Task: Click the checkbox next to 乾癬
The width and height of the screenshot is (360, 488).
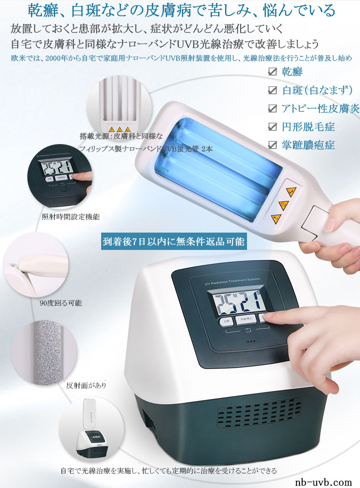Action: [273, 72]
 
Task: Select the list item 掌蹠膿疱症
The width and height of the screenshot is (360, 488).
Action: [309, 145]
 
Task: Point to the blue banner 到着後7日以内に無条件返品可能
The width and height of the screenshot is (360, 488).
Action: [174, 242]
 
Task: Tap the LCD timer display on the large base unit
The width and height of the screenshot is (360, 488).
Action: [234, 302]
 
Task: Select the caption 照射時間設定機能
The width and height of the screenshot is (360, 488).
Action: [71, 217]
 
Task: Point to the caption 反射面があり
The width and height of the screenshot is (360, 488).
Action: [86, 386]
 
